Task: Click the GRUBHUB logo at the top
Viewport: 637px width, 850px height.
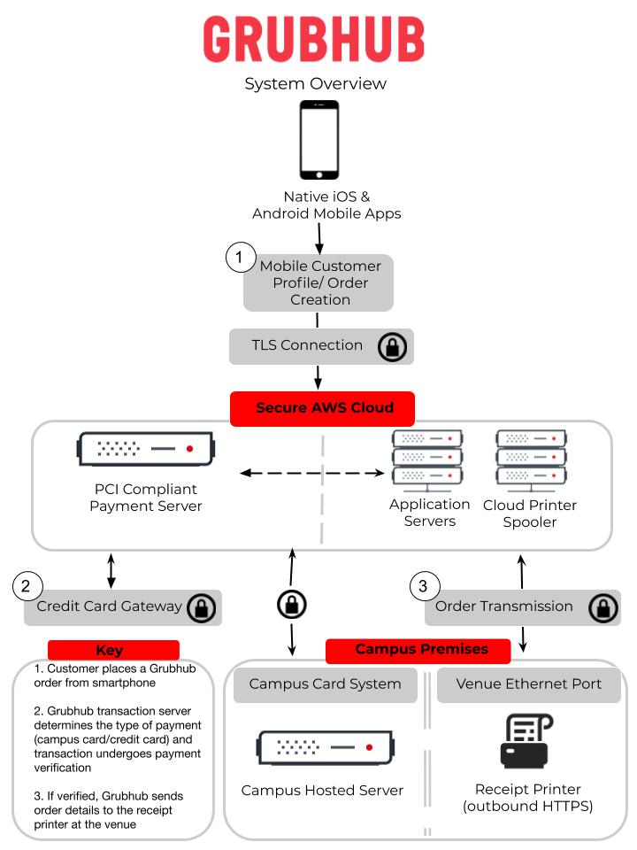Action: pos(314,39)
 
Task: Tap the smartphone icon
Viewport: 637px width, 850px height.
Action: pos(319,140)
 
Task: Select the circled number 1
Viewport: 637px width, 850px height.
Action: pos(239,259)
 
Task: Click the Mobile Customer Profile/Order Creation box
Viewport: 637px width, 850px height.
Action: pos(319,282)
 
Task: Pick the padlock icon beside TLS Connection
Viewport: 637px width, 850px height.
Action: pos(392,347)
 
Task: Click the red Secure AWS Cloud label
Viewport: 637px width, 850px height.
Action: pos(325,408)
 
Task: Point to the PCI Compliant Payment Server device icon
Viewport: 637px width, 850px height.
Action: pos(145,449)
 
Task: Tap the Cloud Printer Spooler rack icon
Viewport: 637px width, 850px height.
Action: pos(531,459)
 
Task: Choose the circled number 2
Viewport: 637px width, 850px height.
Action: pos(27,585)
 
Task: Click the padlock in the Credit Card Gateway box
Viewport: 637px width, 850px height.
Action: pos(202,607)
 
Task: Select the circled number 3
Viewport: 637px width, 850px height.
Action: pos(424,585)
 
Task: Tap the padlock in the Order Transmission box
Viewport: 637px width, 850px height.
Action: pos(603,607)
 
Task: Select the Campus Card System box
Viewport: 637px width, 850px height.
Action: pos(325,684)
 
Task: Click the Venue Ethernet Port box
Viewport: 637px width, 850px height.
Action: pos(528,684)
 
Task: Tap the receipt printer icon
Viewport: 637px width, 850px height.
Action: pos(528,740)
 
